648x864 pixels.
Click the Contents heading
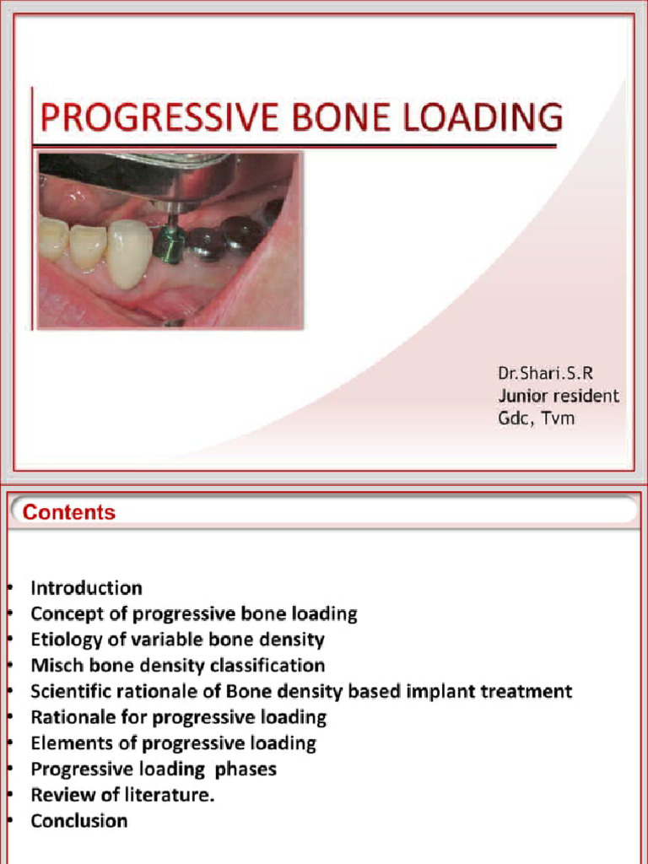click(x=69, y=512)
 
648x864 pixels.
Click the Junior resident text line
click(x=558, y=395)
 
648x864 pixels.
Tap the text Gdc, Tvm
click(x=536, y=418)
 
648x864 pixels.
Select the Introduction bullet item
click(x=86, y=587)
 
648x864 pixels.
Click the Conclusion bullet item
click(x=79, y=820)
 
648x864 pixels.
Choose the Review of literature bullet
click(x=122, y=794)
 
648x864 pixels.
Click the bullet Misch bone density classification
click(x=177, y=665)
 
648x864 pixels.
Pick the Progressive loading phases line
click(x=154, y=769)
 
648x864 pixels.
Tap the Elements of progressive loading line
click(x=173, y=743)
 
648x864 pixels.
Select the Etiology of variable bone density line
click(x=177, y=640)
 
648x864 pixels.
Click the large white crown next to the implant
click(x=129, y=252)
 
